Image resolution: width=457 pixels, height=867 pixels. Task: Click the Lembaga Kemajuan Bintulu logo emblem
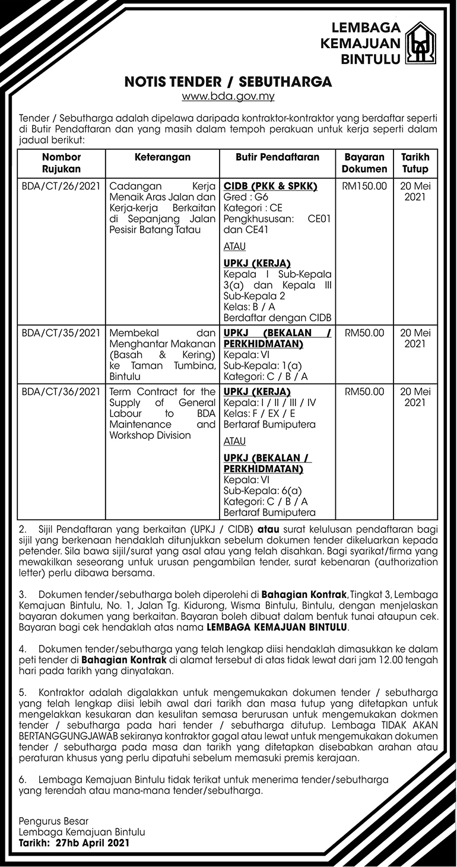click(x=420, y=43)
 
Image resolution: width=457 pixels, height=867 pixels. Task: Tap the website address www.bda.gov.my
click(x=228, y=95)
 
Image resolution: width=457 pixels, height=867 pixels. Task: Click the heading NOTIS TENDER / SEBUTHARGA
click(x=228, y=81)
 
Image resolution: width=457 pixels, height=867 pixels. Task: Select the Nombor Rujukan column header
click(x=62, y=163)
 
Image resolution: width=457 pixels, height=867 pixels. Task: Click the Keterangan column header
click(x=162, y=157)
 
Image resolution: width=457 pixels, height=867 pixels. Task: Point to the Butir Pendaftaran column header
click(x=277, y=157)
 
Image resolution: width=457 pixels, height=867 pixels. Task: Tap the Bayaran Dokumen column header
click(x=365, y=163)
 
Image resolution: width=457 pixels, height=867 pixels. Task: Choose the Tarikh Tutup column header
click(x=415, y=163)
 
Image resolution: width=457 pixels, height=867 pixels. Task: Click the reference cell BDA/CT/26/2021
click(x=62, y=186)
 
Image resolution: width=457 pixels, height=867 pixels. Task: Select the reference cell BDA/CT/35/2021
click(x=62, y=333)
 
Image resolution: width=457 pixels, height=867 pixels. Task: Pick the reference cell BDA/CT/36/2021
click(x=62, y=392)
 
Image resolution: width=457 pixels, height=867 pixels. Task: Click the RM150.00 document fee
click(x=364, y=186)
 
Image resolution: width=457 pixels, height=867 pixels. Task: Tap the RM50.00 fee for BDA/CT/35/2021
click(x=364, y=333)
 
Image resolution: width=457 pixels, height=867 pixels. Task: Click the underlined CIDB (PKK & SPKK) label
click(x=270, y=186)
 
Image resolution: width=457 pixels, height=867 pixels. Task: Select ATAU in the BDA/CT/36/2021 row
click(x=234, y=441)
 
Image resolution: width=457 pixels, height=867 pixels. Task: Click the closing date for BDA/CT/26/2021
click(x=415, y=191)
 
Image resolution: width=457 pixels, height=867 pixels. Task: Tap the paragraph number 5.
click(x=23, y=693)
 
